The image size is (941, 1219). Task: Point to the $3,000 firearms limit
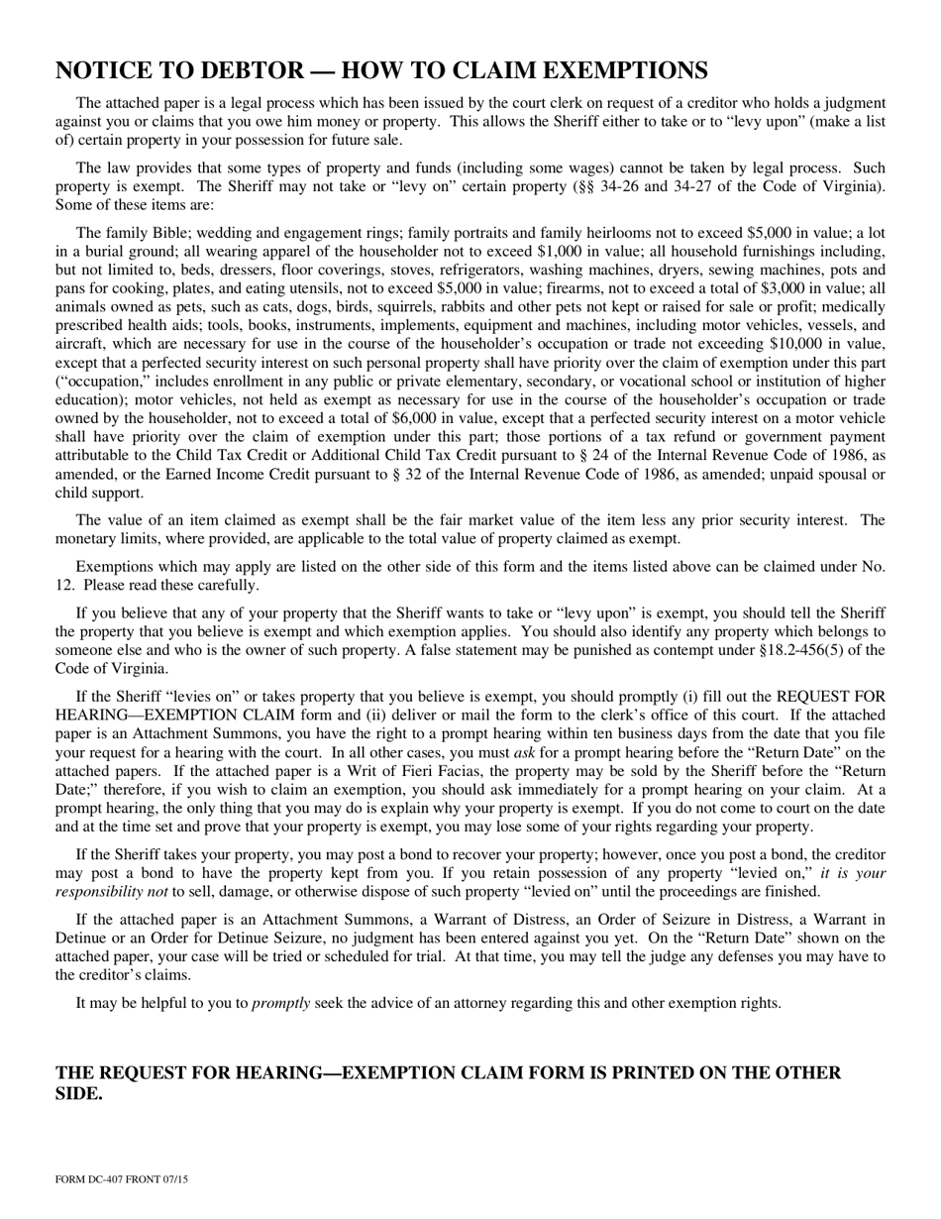tap(724, 288)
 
